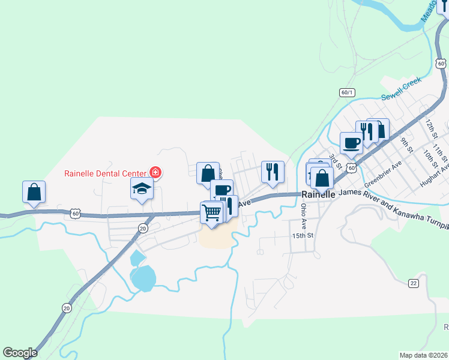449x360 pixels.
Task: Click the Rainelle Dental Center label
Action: coord(106,174)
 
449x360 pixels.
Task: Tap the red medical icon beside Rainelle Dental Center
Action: coord(156,173)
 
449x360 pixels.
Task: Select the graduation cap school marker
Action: coord(142,190)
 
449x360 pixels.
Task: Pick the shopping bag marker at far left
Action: coord(34,192)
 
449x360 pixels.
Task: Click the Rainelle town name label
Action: coord(318,194)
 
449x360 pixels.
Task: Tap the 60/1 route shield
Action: coord(347,92)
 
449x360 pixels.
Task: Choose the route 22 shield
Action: coord(413,283)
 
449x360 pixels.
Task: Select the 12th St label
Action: coord(430,128)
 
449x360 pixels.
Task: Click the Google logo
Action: coord(20,353)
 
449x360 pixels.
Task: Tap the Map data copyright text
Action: coord(424,355)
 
